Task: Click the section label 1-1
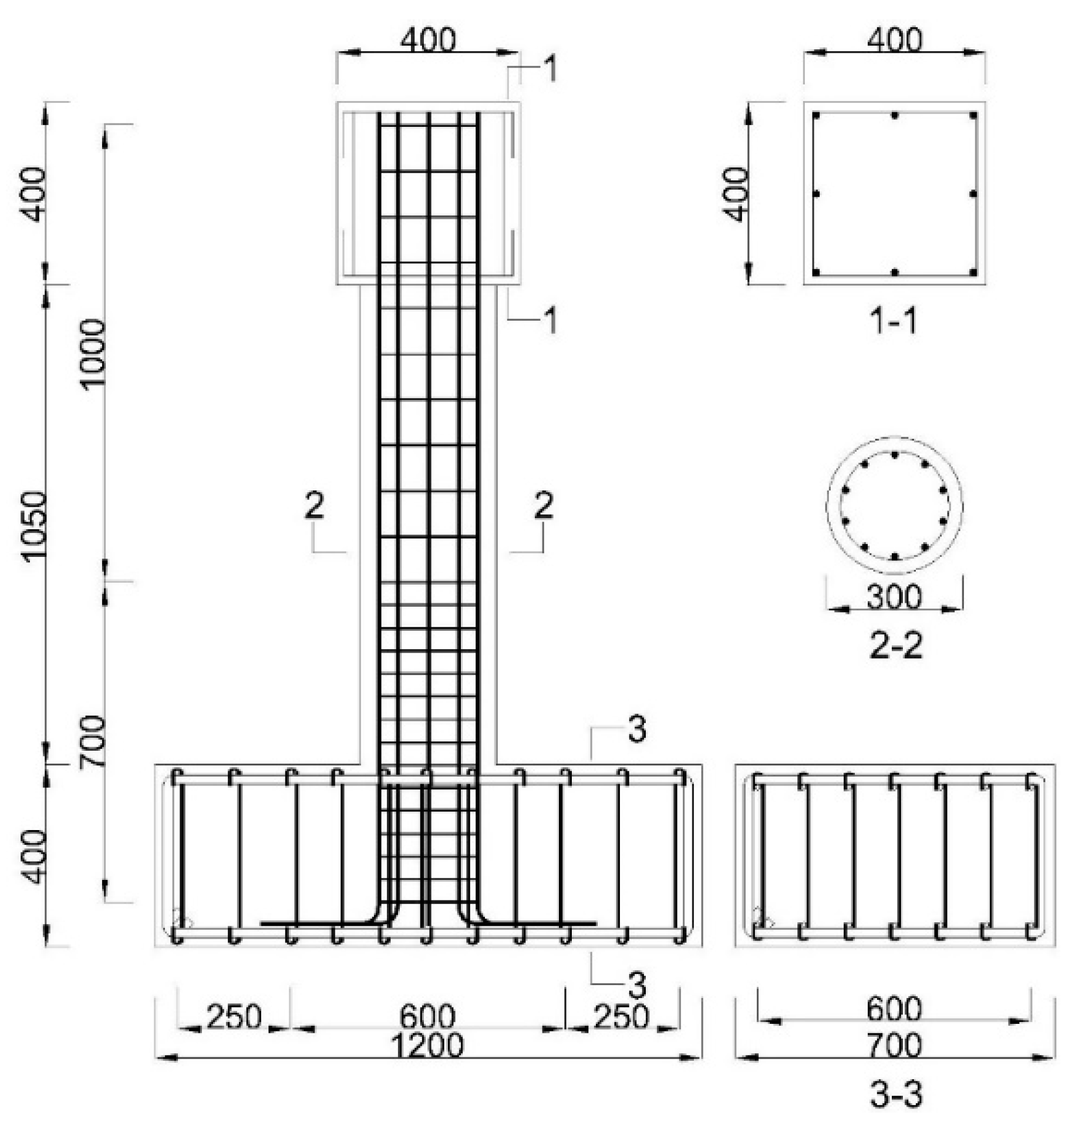(x=894, y=321)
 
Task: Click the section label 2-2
(x=895, y=645)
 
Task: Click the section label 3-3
(x=895, y=1095)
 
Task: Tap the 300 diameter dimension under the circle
(x=894, y=597)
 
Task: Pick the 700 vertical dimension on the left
(x=94, y=741)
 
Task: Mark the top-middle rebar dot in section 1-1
(x=894, y=116)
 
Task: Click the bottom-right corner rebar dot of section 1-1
(x=973, y=273)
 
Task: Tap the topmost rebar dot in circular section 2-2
(x=894, y=455)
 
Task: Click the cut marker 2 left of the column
(x=314, y=505)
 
